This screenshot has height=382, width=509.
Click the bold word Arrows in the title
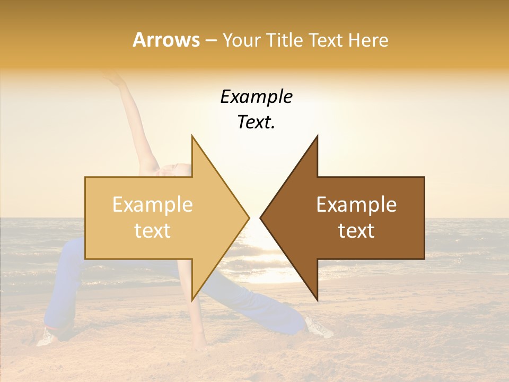(166, 40)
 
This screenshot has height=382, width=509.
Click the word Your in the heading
(242, 40)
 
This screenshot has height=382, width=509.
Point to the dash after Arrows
(210, 41)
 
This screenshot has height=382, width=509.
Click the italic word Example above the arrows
(256, 97)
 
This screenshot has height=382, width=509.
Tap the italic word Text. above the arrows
(256, 123)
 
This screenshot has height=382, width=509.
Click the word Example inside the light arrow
(153, 205)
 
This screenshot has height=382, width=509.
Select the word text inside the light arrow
(153, 231)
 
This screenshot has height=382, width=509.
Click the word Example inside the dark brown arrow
(356, 205)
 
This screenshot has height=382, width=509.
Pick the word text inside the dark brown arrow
(356, 231)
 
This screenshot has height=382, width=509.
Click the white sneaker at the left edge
(46, 336)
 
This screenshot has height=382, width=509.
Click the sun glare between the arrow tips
(255, 233)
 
